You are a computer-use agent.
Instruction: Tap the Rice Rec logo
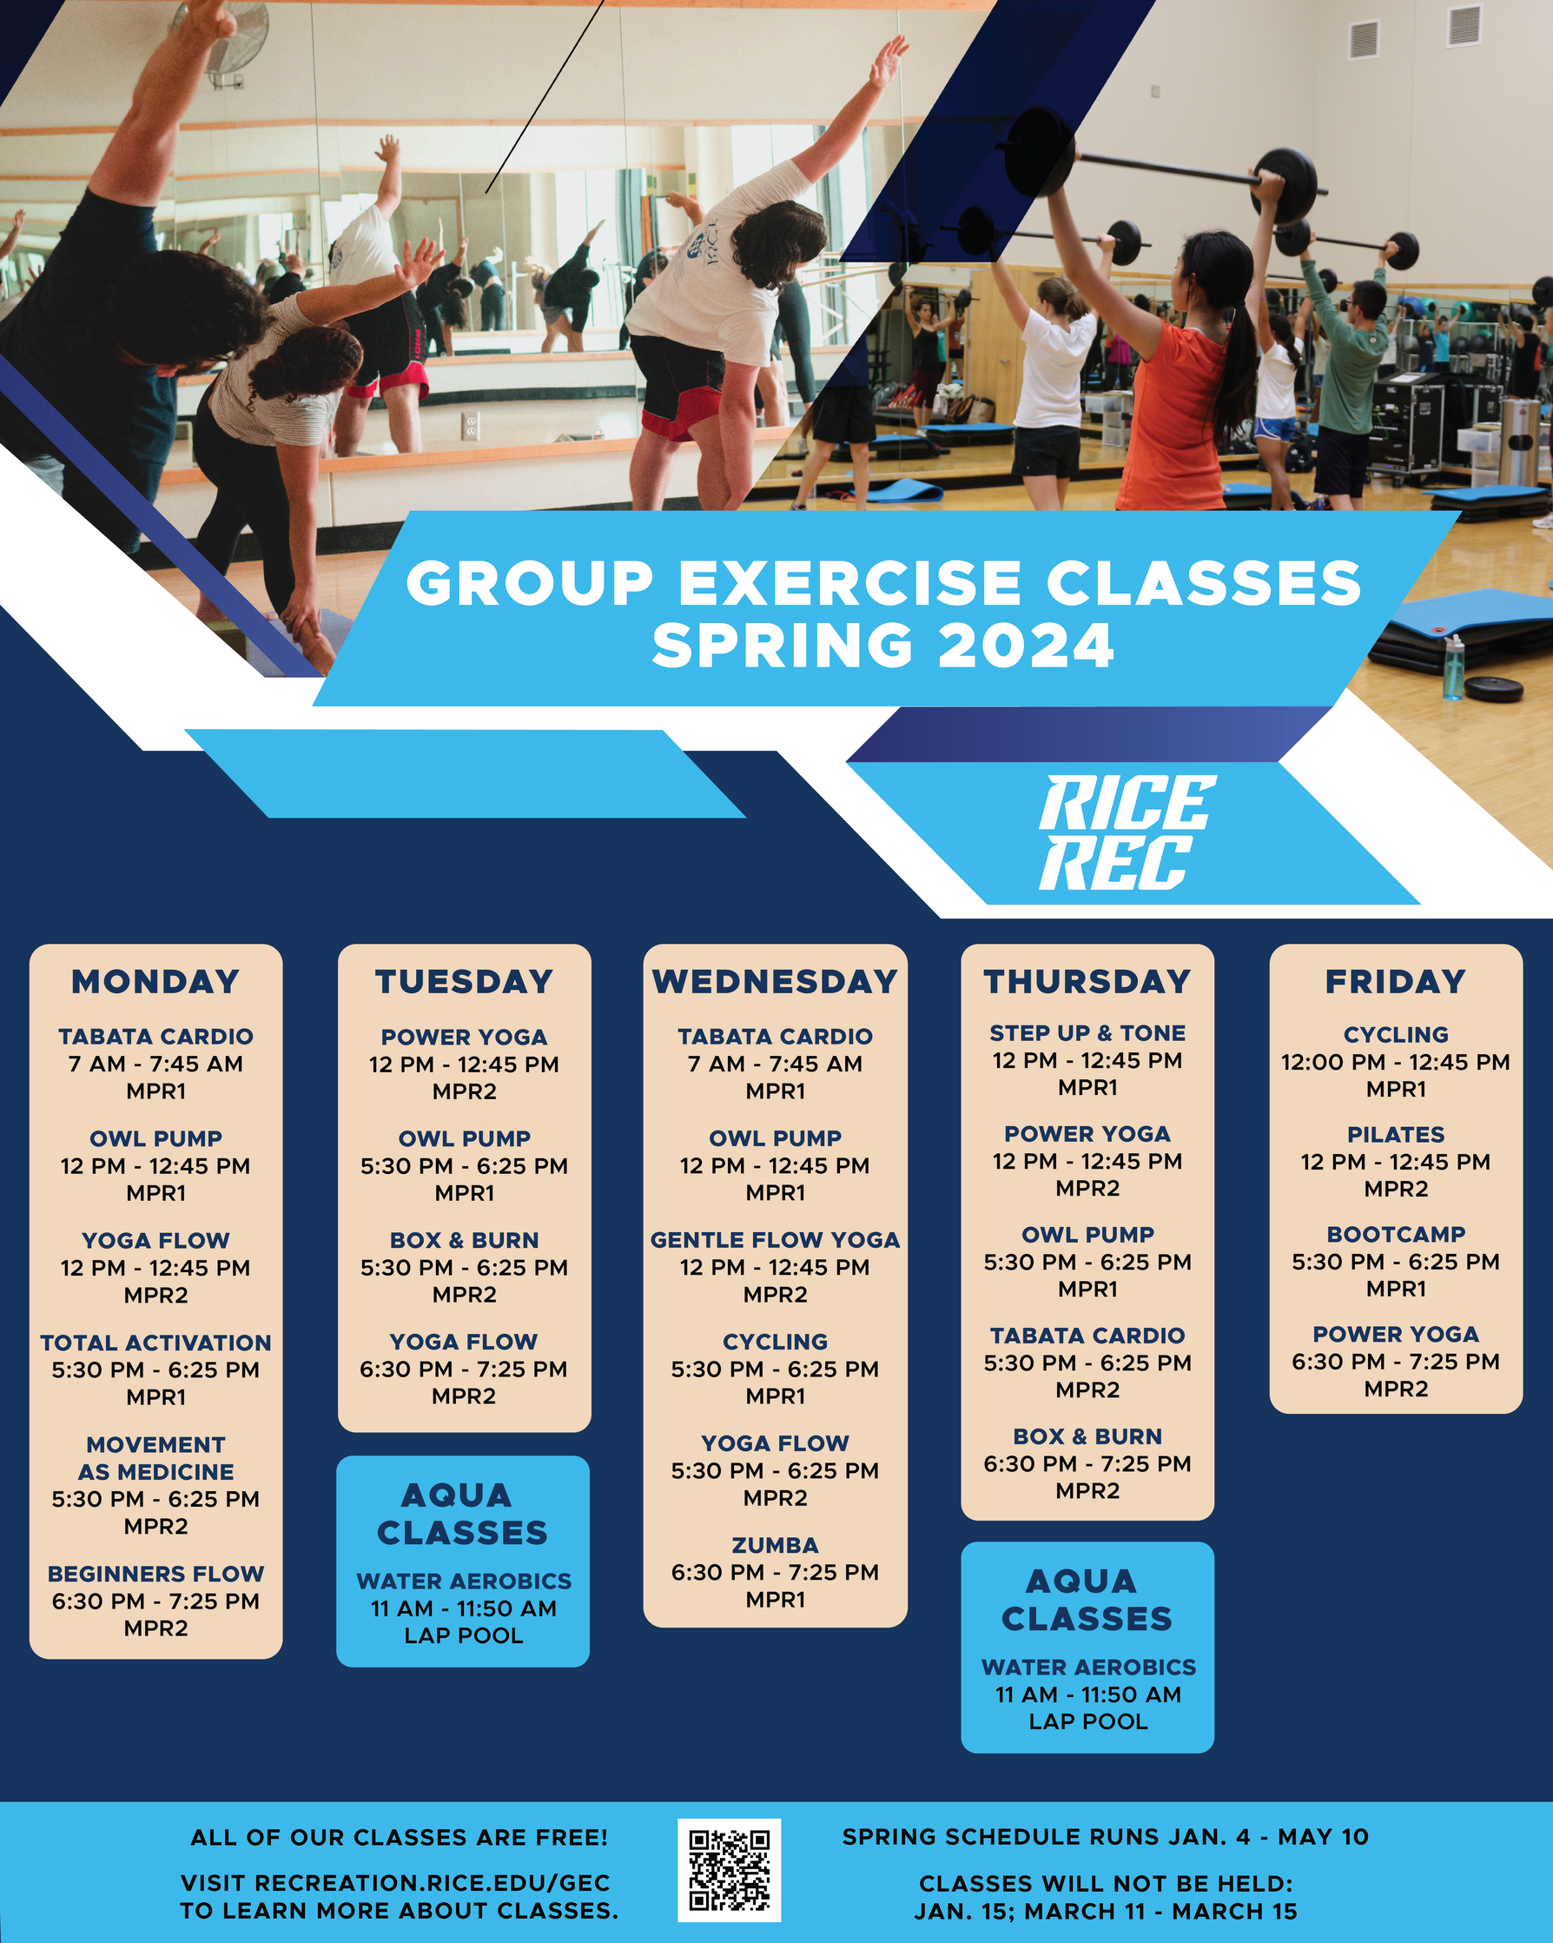[1126, 832]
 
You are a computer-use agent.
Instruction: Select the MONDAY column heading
[155, 980]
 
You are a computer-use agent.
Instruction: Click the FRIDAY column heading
[1396, 980]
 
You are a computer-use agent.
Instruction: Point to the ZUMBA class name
[775, 1545]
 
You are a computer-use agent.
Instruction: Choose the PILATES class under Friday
[1396, 1135]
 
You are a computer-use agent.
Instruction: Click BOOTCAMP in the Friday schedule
[1396, 1234]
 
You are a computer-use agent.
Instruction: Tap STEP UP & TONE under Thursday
[1087, 1033]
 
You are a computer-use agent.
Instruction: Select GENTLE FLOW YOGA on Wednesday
[775, 1240]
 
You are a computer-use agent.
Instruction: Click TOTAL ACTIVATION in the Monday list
[155, 1343]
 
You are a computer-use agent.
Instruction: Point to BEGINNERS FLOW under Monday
[155, 1574]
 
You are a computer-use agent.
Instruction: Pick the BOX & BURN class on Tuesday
[464, 1240]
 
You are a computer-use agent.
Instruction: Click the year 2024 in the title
[1025, 646]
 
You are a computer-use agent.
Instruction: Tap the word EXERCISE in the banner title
[849, 582]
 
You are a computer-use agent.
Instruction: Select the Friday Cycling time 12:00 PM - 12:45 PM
[1396, 1062]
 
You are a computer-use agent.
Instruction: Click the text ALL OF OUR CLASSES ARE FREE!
[399, 1838]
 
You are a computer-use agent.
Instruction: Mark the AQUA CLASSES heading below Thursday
[1087, 1600]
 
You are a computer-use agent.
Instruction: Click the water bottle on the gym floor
[1453, 666]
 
